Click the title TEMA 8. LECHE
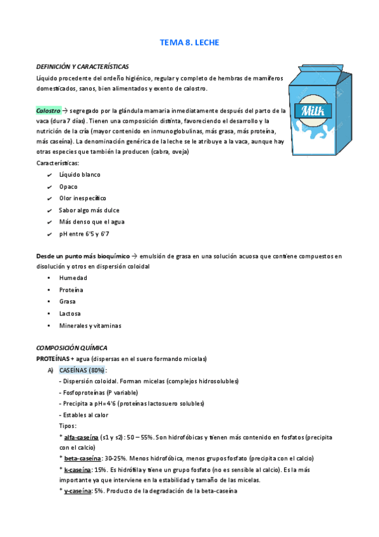pyautogui.click(x=189, y=43)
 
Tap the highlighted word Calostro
pyautogui.click(x=48, y=110)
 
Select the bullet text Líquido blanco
pyautogui.click(x=80, y=174)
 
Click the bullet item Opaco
pyautogui.click(x=68, y=186)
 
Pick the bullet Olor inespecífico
pyautogui.click(x=83, y=198)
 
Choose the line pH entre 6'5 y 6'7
pyautogui.click(x=84, y=234)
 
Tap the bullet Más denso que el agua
pyautogui.click(x=92, y=222)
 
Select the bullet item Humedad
pyautogui.click(x=73, y=278)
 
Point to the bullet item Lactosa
pyautogui.click(x=72, y=313)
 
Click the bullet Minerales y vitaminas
pyautogui.click(x=90, y=325)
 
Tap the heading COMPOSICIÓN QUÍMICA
pyautogui.click(x=71, y=348)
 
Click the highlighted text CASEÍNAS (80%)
pyautogui.click(x=82, y=370)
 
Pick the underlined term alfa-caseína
pyautogui.click(x=80, y=437)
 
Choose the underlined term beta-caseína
pyautogui.click(x=81, y=458)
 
